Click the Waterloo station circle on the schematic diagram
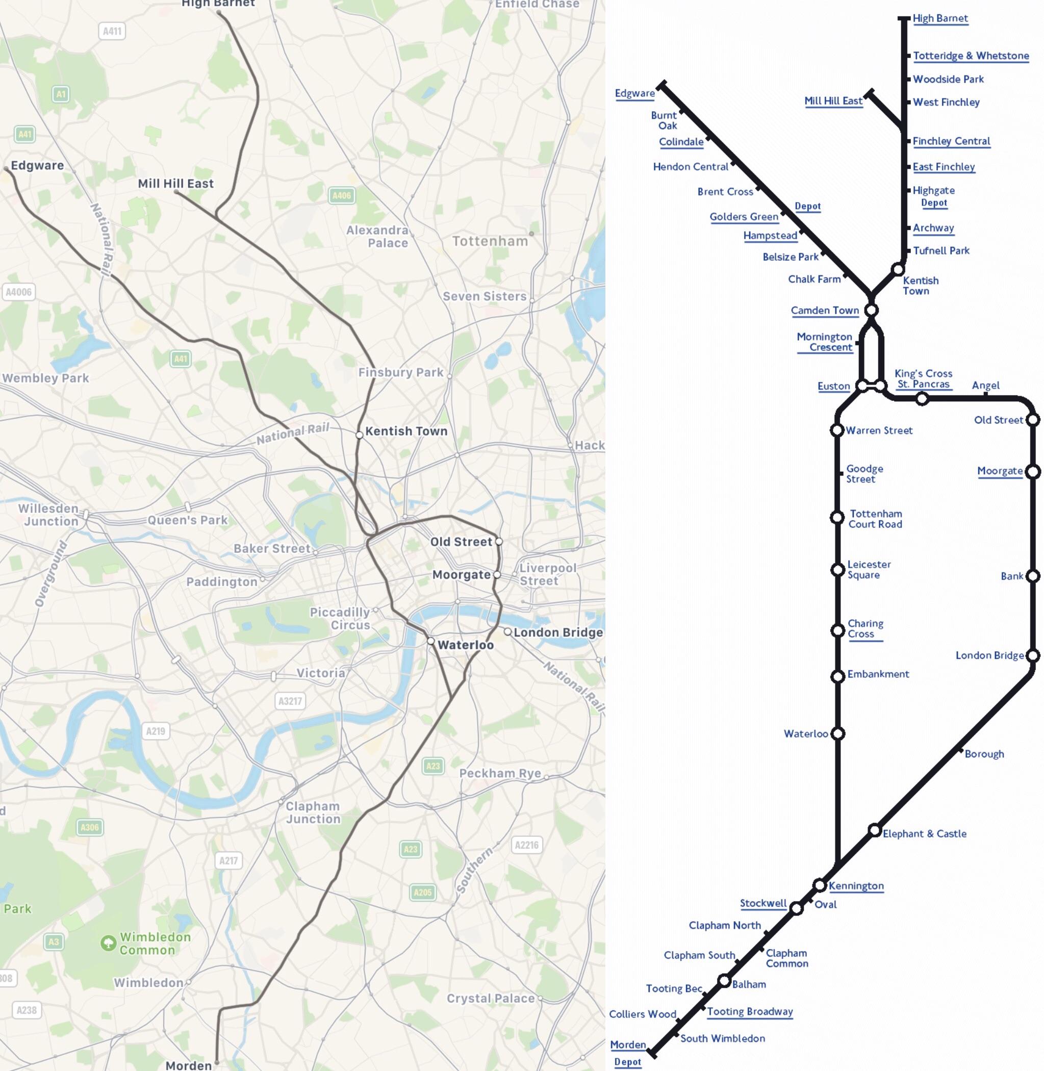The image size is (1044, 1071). pyautogui.click(x=838, y=734)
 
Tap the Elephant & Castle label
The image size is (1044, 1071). pyautogui.click(x=924, y=833)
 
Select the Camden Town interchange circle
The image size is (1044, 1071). pyautogui.click(x=871, y=311)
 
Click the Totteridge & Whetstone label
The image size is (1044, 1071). pyautogui.click(x=971, y=56)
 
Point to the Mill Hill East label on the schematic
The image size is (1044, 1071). pyautogui.click(x=833, y=100)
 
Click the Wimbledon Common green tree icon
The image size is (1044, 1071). pyautogui.click(x=108, y=942)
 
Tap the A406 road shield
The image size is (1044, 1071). pyautogui.click(x=341, y=195)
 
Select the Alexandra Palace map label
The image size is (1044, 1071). pyautogui.click(x=377, y=236)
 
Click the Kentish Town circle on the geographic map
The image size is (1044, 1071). pyautogui.click(x=359, y=435)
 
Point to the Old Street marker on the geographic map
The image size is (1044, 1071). pyautogui.click(x=499, y=541)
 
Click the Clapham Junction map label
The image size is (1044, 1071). pyautogui.click(x=313, y=812)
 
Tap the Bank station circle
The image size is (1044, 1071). pyautogui.click(x=1032, y=576)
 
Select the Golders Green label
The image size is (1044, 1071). pyautogui.click(x=744, y=217)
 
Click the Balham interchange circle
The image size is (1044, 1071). pyautogui.click(x=724, y=980)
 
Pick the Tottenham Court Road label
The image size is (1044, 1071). pyautogui.click(x=875, y=519)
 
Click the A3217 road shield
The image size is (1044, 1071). pyautogui.click(x=290, y=701)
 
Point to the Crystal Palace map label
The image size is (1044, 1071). pyautogui.click(x=490, y=998)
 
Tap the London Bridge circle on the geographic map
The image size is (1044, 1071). pyautogui.click(x=508, y=632)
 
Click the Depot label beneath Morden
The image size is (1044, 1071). pyautogui.click(x=627, y=1062)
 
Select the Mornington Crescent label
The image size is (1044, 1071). pyautogui.click(x=824, y=342)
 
